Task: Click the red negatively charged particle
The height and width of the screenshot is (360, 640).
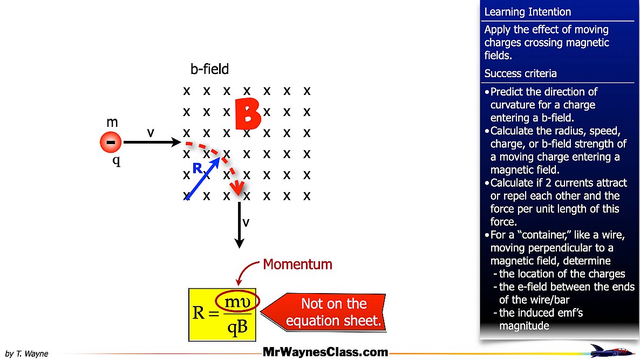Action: click(x=111, y=142)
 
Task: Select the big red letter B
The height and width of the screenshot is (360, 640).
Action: click(x=248, y=114)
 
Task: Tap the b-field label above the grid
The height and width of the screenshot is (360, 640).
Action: click(x=209, y=69)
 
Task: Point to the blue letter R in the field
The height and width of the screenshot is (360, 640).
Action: click(x=198, y=168)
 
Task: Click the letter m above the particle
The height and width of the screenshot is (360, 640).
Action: click(x=112, y=123)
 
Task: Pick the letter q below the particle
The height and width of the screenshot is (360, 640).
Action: click(x=116, y=161)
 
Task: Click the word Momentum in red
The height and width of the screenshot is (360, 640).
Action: click(x=297, y=264)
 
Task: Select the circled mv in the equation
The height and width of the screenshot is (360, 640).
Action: click(x=237, y=302)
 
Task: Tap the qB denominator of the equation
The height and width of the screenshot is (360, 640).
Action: click(x=237, y=328)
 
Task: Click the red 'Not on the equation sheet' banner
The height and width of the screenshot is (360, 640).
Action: click(x=333, y=313)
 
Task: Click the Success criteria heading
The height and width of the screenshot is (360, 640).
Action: click(x=520, y=73)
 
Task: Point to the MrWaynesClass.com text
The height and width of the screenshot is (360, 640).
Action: click(x=325, y=352)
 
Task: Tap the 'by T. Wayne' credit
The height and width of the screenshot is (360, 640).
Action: click(x=26, y=354)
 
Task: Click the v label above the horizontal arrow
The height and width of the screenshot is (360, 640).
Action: click(x=151, y=132)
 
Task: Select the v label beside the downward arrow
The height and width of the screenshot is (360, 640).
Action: click(x=246, y=222)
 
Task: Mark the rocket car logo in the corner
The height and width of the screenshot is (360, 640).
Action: click(x=612, y=350)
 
